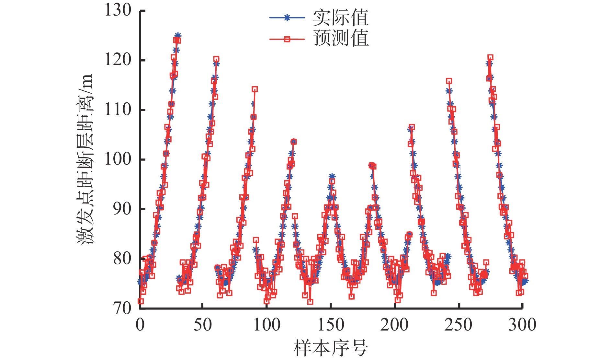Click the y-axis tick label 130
[118, 10]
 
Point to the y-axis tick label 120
[118, 60]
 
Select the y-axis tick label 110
[118, 110]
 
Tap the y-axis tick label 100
[118, 159]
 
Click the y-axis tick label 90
[122, 209]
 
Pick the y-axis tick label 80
[122, 259]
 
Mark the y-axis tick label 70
[122, 308]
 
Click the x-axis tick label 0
[140, 325]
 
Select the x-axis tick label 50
[203, 325]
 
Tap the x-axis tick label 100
[267, 325]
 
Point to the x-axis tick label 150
[331, 325]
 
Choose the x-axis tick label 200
[394, 325]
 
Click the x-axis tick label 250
[458, 325]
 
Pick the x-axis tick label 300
[522, 325]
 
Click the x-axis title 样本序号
[331, 348]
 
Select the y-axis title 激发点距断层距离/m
[85, 159]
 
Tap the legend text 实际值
[341, 18]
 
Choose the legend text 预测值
[341, 39]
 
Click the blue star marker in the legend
[287, 18]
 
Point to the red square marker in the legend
[287, 39]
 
